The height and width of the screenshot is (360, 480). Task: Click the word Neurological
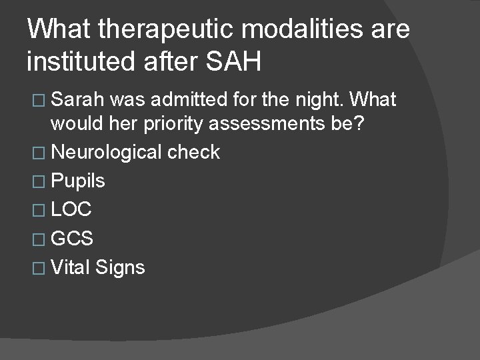pos(106,152)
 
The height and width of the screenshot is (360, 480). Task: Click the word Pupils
pos(78,181)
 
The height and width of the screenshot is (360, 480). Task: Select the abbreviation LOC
pos(71,210)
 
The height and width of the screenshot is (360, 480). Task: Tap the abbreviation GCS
pos(72,239)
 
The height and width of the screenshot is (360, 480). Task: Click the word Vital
pos(71,267)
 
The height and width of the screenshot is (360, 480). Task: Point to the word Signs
pos(120,267)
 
